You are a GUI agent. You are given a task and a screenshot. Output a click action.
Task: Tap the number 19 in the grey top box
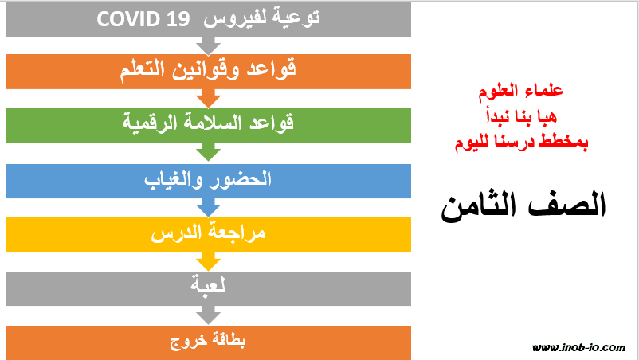[x=178, y=19]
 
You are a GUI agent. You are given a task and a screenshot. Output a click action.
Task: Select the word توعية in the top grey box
[x=296, y=18]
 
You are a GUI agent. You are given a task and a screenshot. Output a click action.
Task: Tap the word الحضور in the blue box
[x=240, y=179]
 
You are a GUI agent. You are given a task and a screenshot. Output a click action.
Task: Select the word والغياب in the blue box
[x=173, y=179]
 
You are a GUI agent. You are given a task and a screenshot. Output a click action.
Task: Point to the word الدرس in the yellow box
[x=176, y=233]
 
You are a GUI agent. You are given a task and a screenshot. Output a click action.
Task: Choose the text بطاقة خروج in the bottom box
[x=208, y=341]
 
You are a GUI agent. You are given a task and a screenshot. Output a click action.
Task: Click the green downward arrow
[x=208, y=151]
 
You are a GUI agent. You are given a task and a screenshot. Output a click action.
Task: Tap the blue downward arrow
[x=208, y=208]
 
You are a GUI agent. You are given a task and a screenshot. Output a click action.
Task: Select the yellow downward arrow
[x=208, y=262]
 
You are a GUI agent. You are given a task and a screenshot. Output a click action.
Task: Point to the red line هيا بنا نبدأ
[x=521, y=116]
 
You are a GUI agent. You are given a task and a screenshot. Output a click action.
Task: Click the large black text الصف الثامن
[x=523, y=206]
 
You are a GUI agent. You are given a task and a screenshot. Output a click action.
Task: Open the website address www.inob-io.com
[x=578, y=347]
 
